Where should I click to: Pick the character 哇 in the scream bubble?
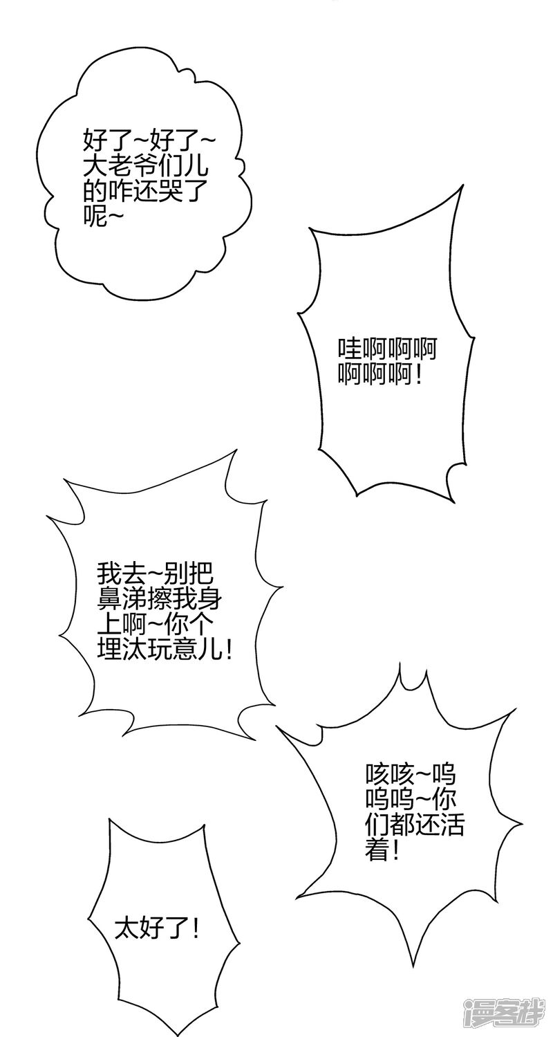(349, 350)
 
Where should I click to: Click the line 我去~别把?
(155, 574)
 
